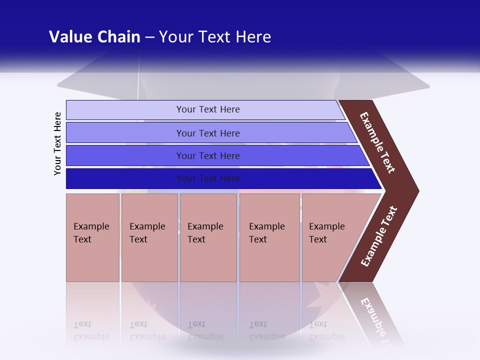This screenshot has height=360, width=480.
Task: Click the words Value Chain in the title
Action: pos(94,37)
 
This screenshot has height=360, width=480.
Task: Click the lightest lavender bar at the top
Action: pos(125,110)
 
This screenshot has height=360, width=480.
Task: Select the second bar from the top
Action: pos(125,133)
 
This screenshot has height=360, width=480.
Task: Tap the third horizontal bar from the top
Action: pos(125,155)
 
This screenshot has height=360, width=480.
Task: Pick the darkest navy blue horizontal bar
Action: pos(125,178)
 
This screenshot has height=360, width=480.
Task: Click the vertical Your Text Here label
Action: pos(57,143)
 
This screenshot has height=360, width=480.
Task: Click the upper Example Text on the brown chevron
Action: pos(377,143)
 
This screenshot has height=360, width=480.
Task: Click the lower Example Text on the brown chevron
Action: pos(379,236)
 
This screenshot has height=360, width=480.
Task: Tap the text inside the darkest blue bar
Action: pos(208,178)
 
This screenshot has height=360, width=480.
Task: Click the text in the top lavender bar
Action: pos(208,109)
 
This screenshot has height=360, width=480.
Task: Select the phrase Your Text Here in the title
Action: pos(215,37)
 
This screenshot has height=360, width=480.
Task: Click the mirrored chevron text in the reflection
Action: pos(377,320)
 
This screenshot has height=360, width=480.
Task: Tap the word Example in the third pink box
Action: pos(205,226)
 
